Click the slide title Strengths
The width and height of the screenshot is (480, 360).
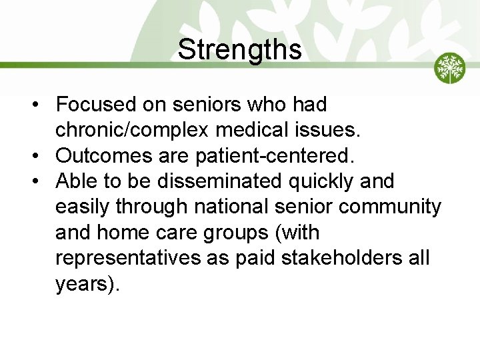(x=239, y=49)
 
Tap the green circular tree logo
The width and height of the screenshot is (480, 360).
(x=450, y=68)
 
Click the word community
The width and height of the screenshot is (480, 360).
(x=390, y=207)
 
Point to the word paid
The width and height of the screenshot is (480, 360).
(x=257, y=258)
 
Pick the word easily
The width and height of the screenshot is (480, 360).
(x=83, y=207)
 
